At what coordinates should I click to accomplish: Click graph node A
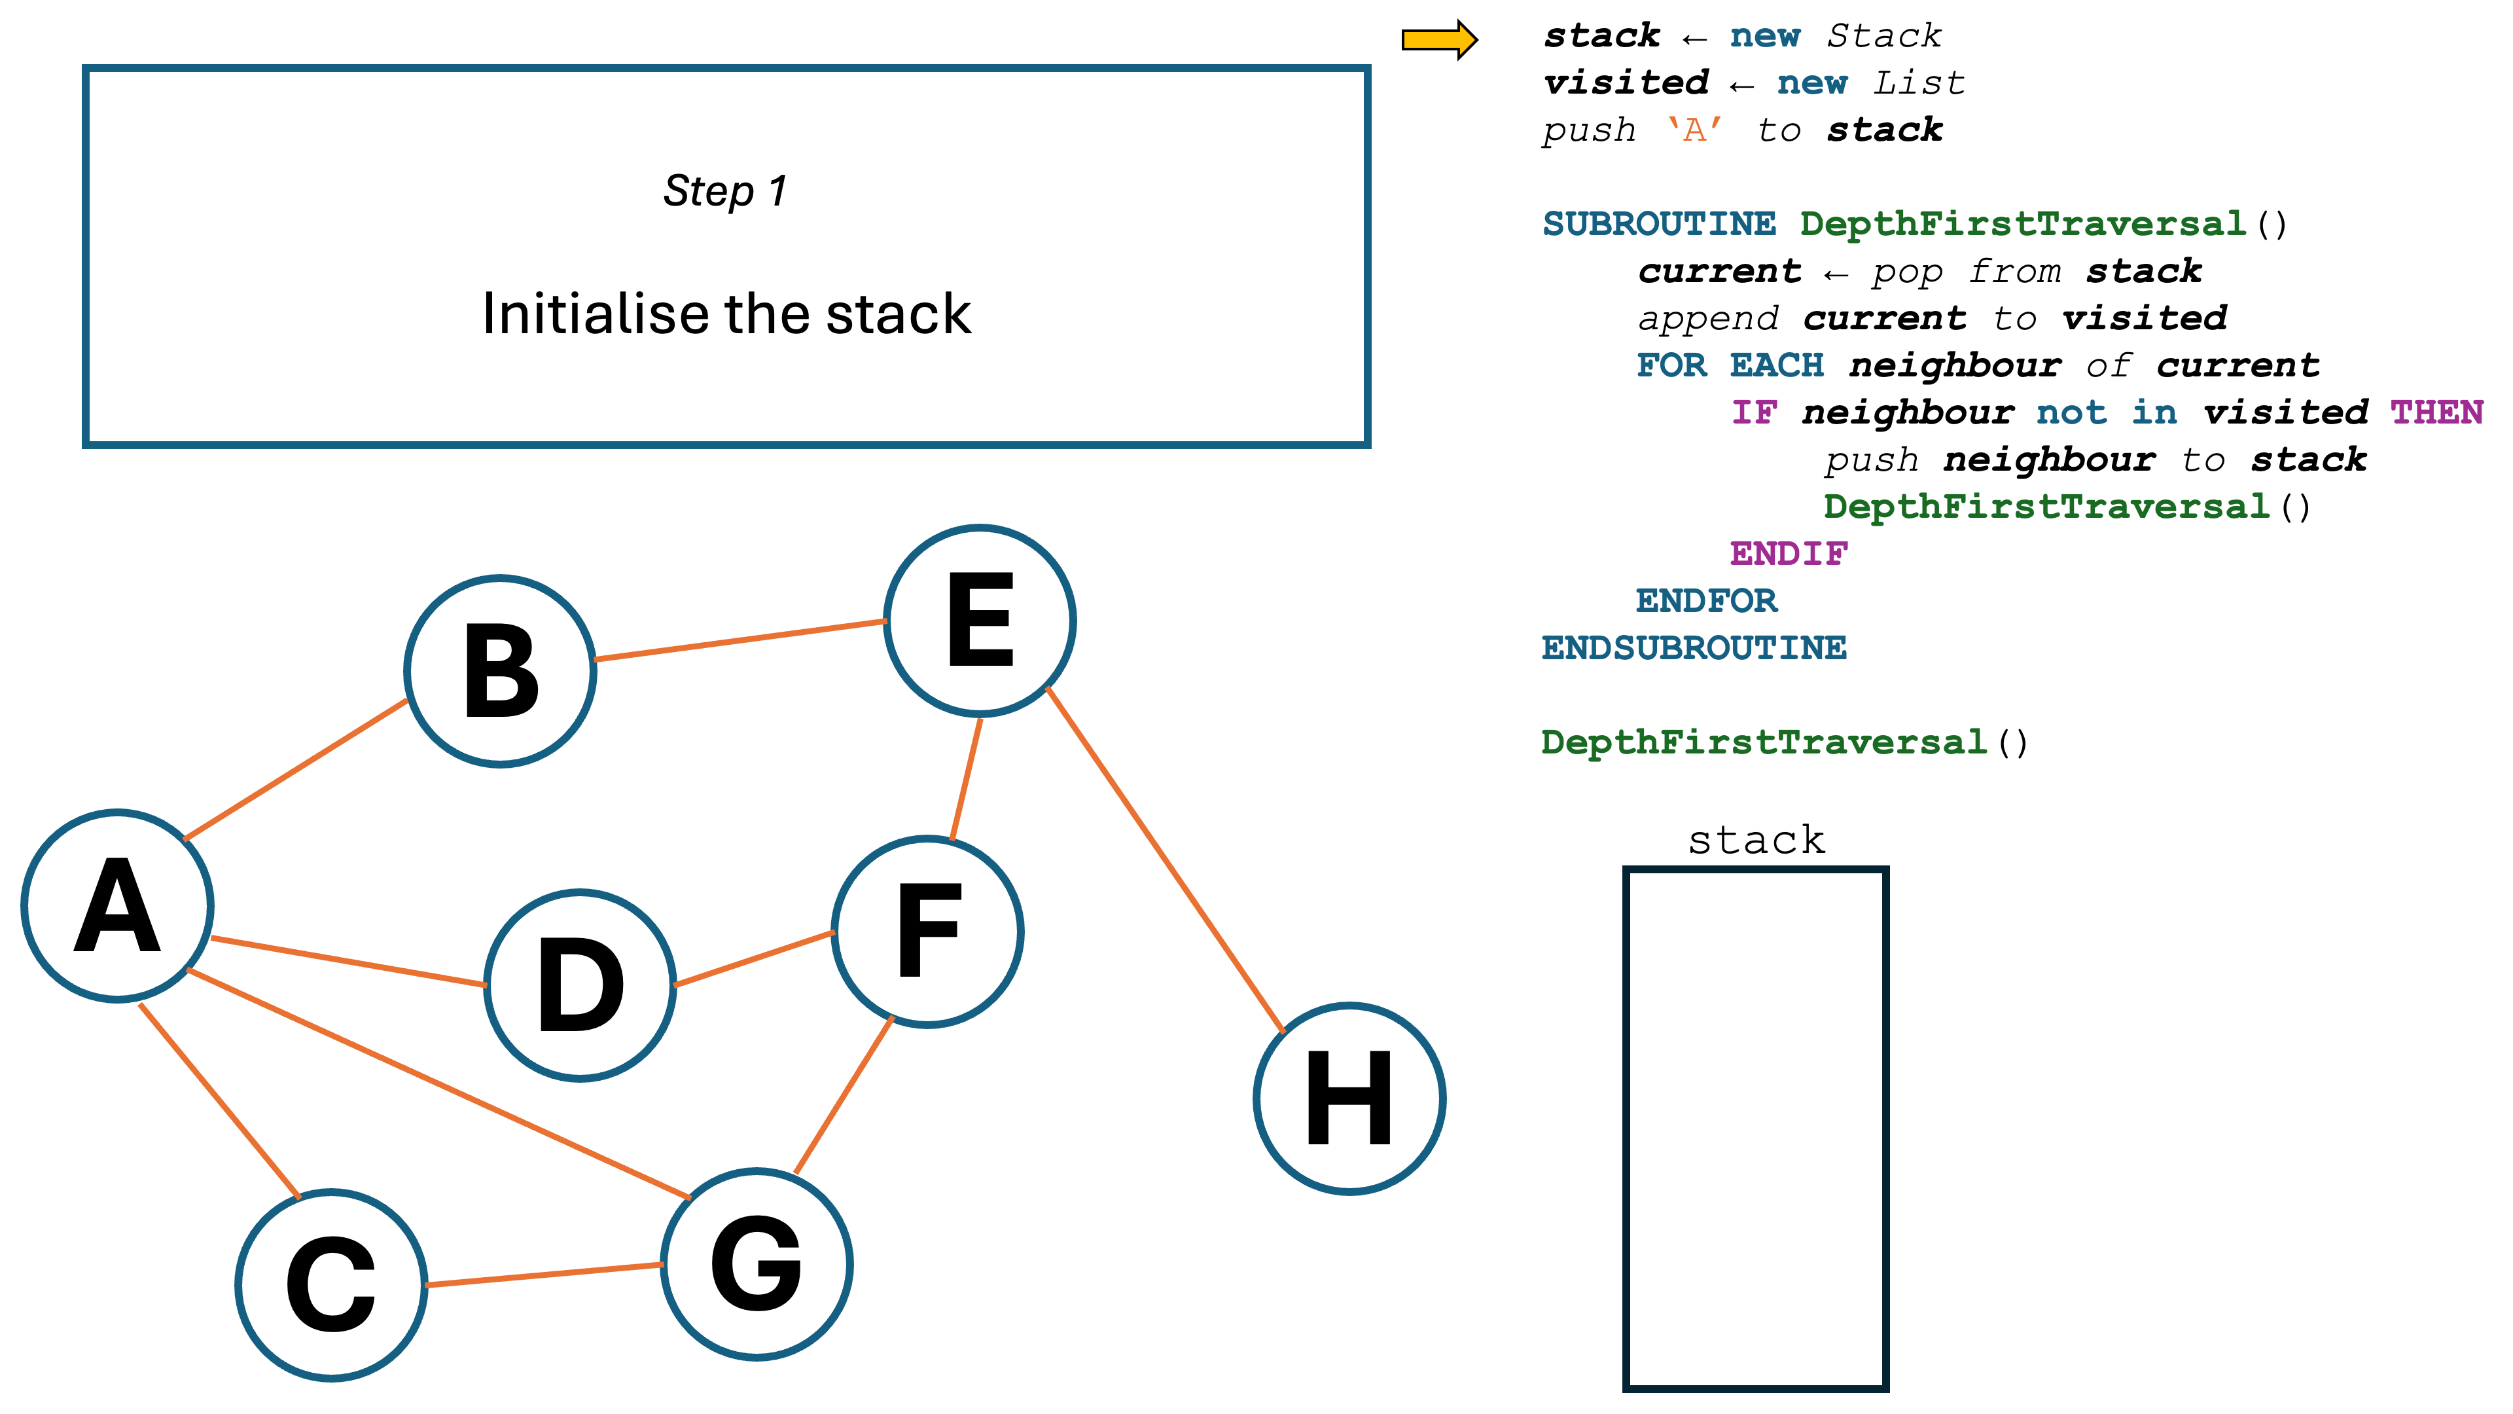tap(117, 905)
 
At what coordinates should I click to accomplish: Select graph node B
tap(501, 672)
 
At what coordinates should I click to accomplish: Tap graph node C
tap(332, 1284)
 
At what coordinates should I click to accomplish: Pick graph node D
tap(580, 986)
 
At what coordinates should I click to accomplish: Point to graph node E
tap(980, 621)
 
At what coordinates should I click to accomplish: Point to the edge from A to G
tap(439, 1084)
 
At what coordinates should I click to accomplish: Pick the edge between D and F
tap(754, 958)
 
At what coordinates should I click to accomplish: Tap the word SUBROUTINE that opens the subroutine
tap(1658, 225)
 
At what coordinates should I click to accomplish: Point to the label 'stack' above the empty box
tap(1756, 840)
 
